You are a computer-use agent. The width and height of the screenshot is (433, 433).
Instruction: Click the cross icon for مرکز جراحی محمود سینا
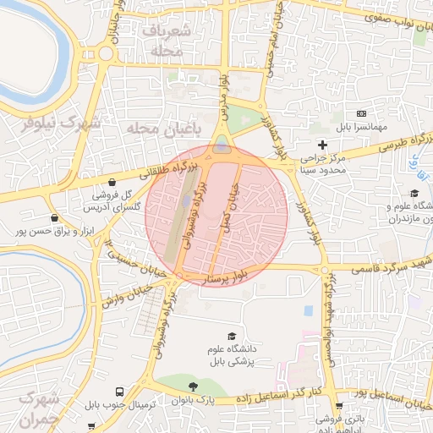pos(321,145)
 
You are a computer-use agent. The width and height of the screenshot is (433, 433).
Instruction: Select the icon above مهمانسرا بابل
pos(362,113)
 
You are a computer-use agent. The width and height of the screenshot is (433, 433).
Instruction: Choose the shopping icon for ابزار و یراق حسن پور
pos(55,217)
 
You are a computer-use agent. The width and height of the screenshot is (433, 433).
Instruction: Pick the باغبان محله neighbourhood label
pos(166,128)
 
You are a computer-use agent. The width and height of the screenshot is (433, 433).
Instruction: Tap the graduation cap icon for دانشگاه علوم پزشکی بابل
pos(233,336)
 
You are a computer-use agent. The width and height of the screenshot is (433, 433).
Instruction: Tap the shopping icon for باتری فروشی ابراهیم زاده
pos(339,406)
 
